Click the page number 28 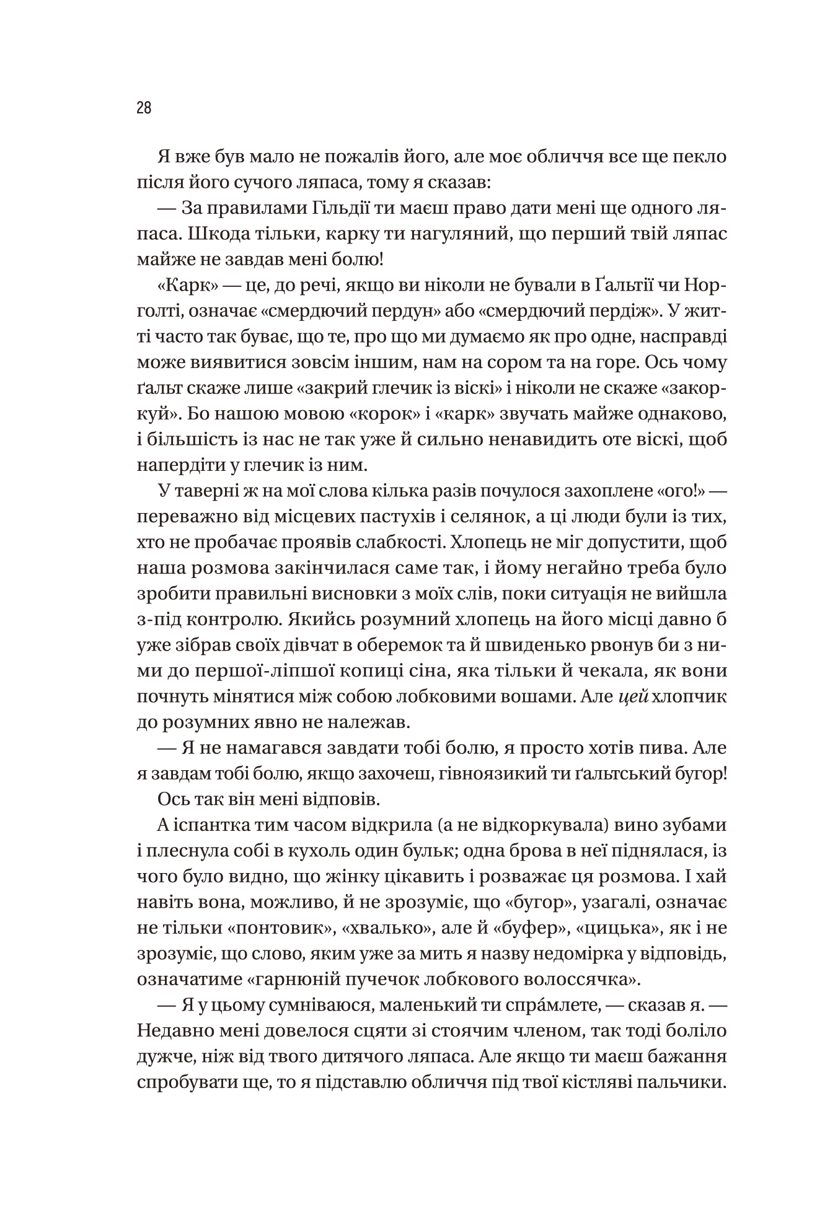pyautogui.click(x=144, y=108)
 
